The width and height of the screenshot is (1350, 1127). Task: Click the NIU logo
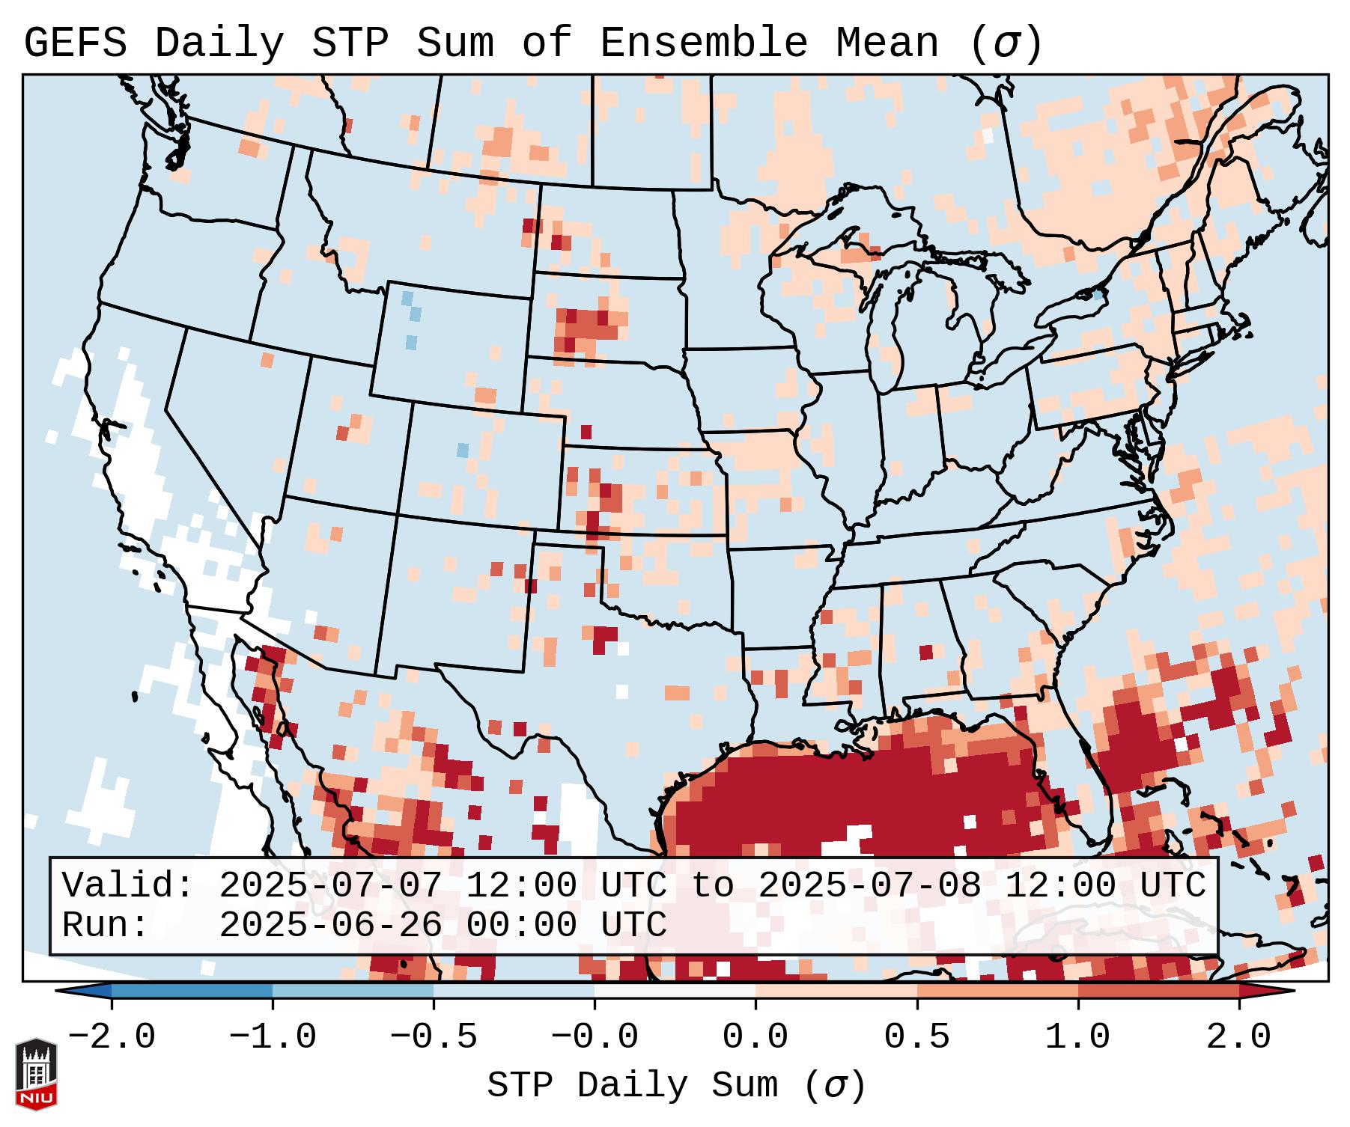point(36,1074)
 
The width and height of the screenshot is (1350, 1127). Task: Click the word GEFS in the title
point(75,43)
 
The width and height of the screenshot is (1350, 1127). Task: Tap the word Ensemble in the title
point(703,43)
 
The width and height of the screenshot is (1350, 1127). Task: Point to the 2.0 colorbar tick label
point(1238,1037)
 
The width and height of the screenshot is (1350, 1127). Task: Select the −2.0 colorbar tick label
point(112,1037)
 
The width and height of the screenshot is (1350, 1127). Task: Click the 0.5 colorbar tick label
point(916,1037)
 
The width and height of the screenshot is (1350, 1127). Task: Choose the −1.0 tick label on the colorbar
point(272,1037)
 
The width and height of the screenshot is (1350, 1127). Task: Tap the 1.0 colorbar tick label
point(1077,1037)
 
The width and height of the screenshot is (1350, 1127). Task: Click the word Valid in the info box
point(127,885)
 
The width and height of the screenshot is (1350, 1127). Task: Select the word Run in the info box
point(105,925)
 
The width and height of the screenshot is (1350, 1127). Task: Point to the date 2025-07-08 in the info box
point(869,885)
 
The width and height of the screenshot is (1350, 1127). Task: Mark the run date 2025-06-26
point(330,925)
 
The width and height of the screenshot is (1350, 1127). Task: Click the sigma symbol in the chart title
point(1006,43)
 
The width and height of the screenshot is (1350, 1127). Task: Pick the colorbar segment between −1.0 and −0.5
point(353,991)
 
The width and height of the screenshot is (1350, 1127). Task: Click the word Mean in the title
point(887,43)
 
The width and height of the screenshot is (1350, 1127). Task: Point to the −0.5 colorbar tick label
point(434,1037)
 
